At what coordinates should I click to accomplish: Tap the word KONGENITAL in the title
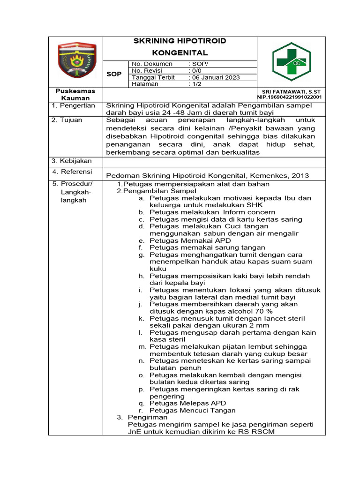point(180,53)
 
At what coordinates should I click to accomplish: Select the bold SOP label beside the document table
point(114,74)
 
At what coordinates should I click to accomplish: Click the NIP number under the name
point(289,97)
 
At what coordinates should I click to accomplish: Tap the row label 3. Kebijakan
point(72,161)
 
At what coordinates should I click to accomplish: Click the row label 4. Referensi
point(72,172)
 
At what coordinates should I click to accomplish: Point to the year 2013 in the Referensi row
point(300,175)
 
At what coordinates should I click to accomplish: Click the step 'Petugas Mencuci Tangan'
point(193,410)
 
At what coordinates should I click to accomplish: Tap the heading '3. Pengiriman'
point(142,417)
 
